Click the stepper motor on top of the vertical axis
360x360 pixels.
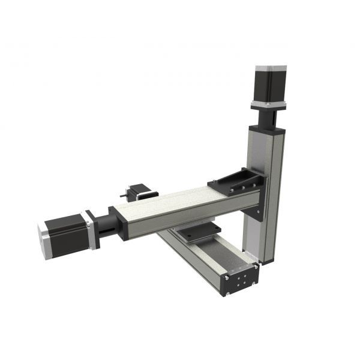270,85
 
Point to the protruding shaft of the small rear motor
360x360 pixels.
123,194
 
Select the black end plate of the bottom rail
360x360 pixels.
241,281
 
